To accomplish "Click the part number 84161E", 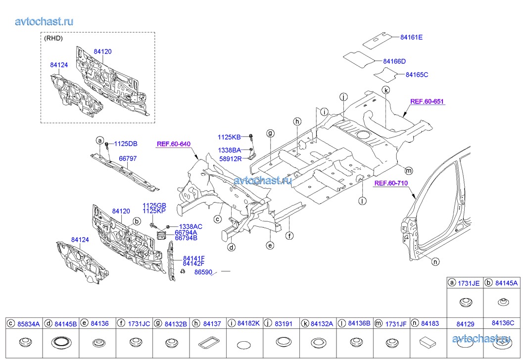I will [x=411, y=37].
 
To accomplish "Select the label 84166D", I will [x=394, y=61].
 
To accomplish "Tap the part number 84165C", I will [x=417, y=75].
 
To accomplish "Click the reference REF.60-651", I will [x=427, y=102].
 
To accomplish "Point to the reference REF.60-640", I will [x=174, y=145].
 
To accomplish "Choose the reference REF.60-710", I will [x=391, y=183].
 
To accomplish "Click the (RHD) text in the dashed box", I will [x=53, y=38].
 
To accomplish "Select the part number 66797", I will [x=127, y=159].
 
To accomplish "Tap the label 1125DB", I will [x=126, y=144].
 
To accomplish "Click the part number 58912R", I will [x=230, y=158].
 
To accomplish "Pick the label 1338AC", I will [x=191, y=226].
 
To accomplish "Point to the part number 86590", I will [x=203, y=272].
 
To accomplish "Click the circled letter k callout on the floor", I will [x=386, y=90].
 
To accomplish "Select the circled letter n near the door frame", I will [x=435, y=262].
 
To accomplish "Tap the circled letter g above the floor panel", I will [x=271, y=133].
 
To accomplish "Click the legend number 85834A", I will [x=29, y=324].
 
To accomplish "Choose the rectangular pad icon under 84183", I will [x=426, y=342].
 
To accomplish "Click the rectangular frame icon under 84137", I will [x=208, y=343].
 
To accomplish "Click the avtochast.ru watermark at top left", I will [x=45, y=21].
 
